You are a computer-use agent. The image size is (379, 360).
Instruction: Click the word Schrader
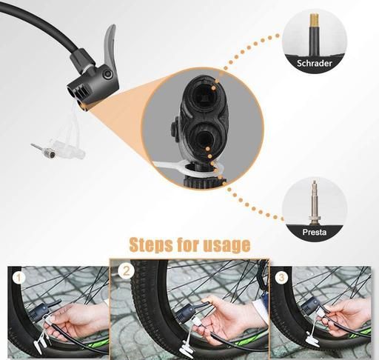tap(314, 63)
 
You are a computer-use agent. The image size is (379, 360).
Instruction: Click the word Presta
tap(315, 232)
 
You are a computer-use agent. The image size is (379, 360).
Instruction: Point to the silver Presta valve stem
tap(315, 202)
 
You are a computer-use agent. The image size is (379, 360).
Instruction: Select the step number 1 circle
tap(19, 278)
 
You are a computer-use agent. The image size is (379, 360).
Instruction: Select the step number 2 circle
tap(126, 271)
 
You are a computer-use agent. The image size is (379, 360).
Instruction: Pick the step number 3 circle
tap(281, 278)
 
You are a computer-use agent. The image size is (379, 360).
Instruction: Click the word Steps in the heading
tap(151, 245)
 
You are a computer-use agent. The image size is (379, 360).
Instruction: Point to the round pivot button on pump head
tap(108, 74)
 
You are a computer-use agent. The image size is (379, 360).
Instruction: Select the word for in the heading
tap(188, 245)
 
